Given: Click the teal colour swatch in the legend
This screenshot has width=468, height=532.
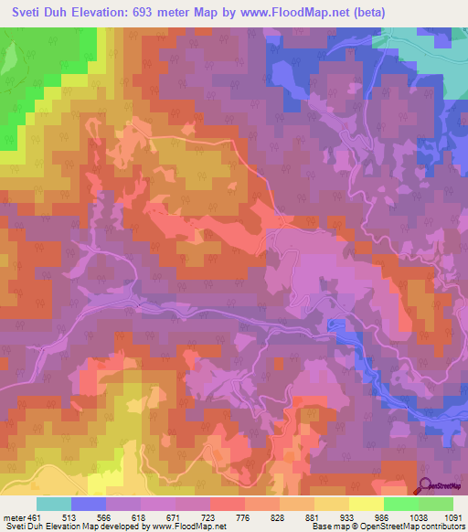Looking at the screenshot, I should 54,504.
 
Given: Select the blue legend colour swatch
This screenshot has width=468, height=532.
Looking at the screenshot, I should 89,504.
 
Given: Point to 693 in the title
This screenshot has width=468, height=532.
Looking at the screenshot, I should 154,13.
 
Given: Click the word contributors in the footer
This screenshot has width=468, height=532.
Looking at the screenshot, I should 442,527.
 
